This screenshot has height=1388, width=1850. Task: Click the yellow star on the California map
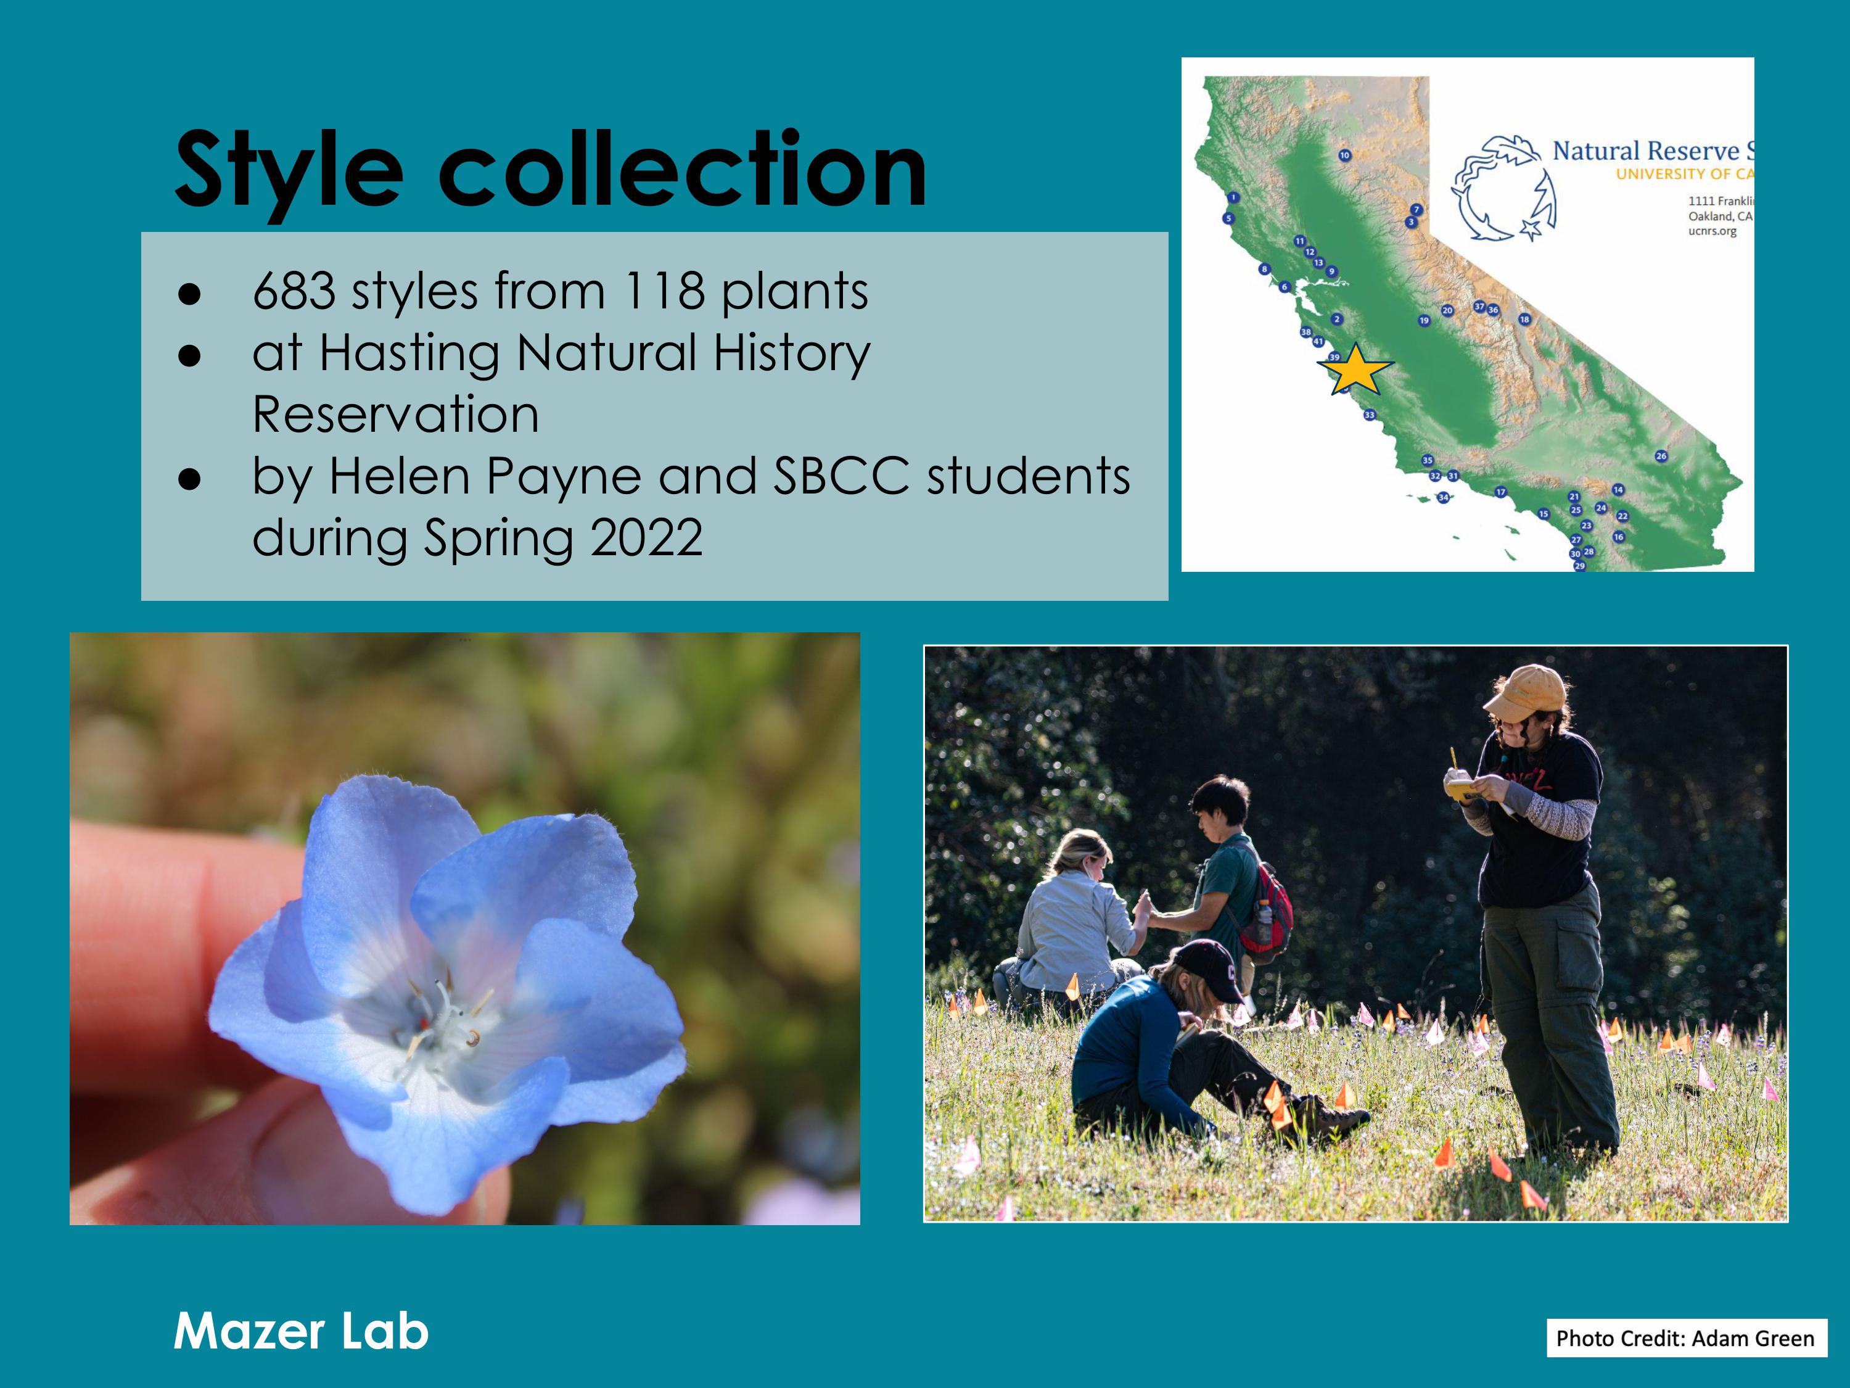click(1355, 370)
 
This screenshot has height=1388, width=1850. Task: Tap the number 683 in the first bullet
click(294, 291)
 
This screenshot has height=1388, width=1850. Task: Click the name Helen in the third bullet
click(399, 476)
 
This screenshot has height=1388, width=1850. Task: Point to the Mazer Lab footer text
click(301, 1331)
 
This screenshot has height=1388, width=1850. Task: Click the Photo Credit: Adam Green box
click(1685, 1338)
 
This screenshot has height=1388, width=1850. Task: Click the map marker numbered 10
click(1344, 155)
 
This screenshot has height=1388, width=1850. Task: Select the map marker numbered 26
click(1661, 456)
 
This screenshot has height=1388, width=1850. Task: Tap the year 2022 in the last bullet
click(646, 538)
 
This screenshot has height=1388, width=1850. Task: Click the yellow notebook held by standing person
click(1463, 788)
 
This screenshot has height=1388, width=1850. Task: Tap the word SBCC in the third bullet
click(841, 476)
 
